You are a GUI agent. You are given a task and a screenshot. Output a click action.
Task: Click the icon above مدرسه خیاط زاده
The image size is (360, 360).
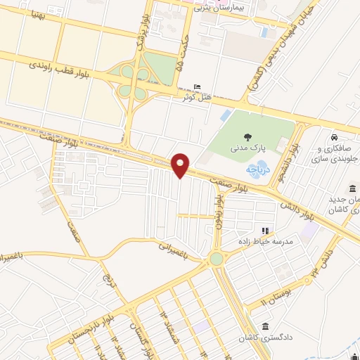(266, 230)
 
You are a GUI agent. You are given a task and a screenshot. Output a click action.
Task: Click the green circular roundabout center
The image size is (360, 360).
(217, 259)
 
